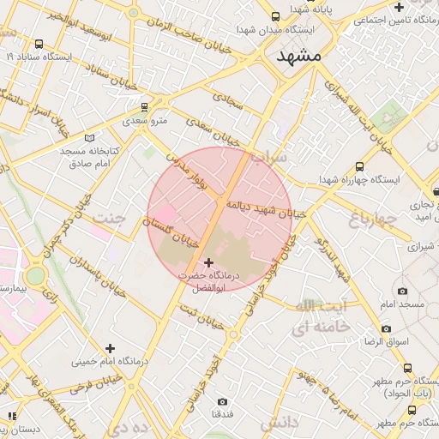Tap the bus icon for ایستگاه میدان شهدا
(274, 16)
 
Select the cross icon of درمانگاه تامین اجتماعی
(400, 7)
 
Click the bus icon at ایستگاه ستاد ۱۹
(39, 45)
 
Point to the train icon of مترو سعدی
(144, 108)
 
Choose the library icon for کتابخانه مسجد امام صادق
(91, 137)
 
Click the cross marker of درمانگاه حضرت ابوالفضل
(207, 262)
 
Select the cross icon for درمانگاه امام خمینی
(109, 348)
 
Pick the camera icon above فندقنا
(222, 401)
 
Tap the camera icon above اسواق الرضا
(386, 328)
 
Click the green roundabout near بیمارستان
(35, 276)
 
